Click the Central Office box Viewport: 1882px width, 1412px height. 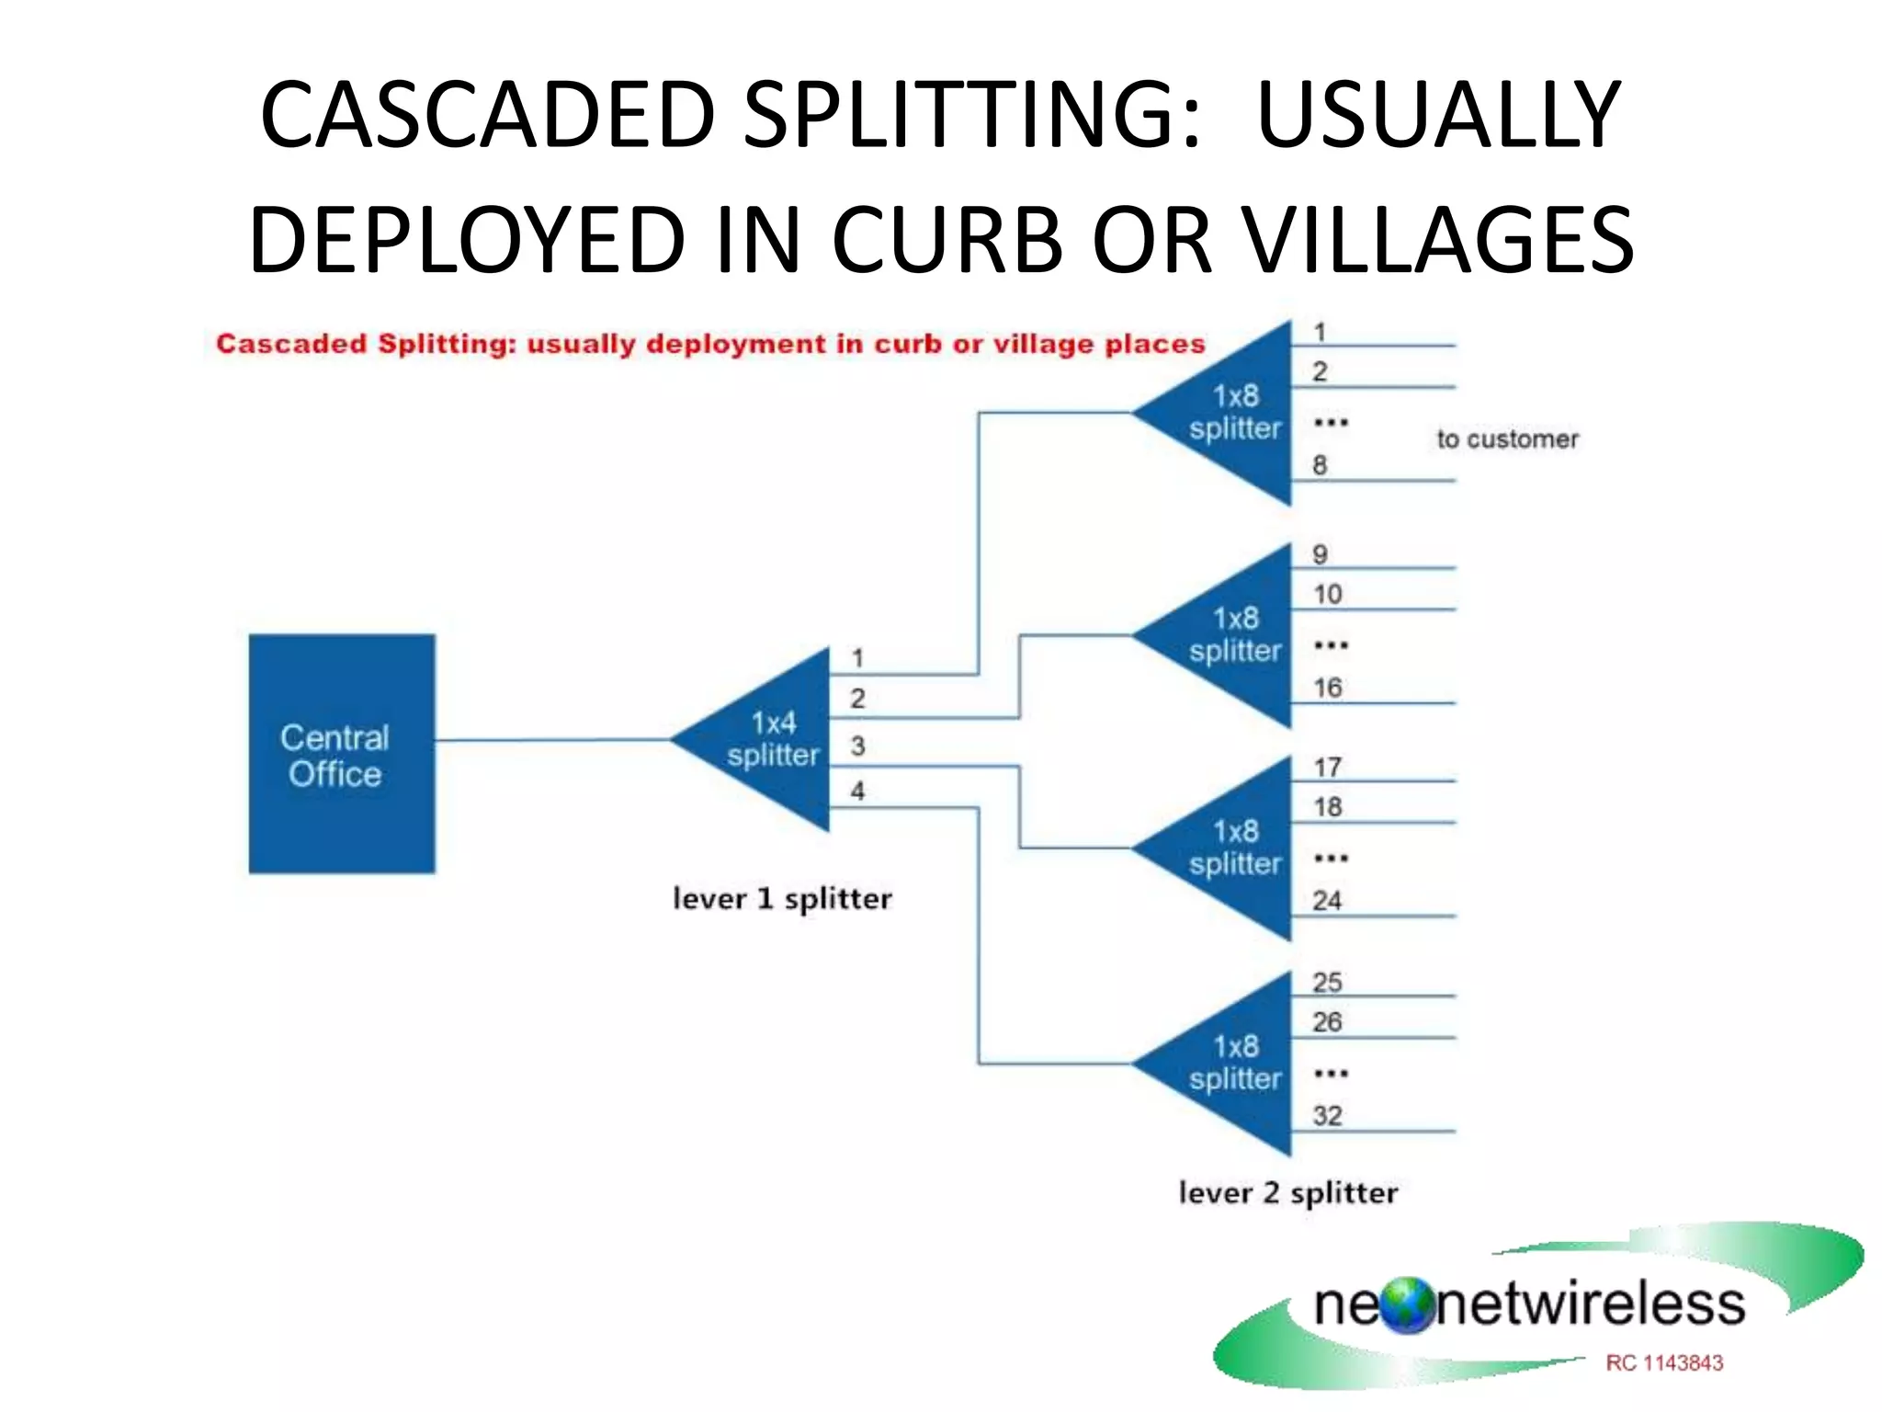click(x=341, y=754)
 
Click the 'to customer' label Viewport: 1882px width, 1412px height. click(x=1507, y=439)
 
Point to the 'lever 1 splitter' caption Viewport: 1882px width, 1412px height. click(x=782, y=899)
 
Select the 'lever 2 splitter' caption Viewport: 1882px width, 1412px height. click(x=1287, y=1193)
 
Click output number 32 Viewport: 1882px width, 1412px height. click(x=1327, y=1116)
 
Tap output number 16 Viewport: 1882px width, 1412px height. click(x=1327, y=688)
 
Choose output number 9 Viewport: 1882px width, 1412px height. click(x=1320, y=554)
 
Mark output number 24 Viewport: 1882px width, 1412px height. click(x=1327, y=901)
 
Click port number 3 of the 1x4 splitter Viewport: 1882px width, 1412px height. click(x=857, y=746)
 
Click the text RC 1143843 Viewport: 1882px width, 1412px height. click(x=1663, y=1363)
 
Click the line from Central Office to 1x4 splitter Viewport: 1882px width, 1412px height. click(x=551, y=740)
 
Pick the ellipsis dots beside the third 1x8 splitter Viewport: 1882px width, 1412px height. click(x=1331, y=859)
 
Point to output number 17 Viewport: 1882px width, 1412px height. click(x=1327, y=767)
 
